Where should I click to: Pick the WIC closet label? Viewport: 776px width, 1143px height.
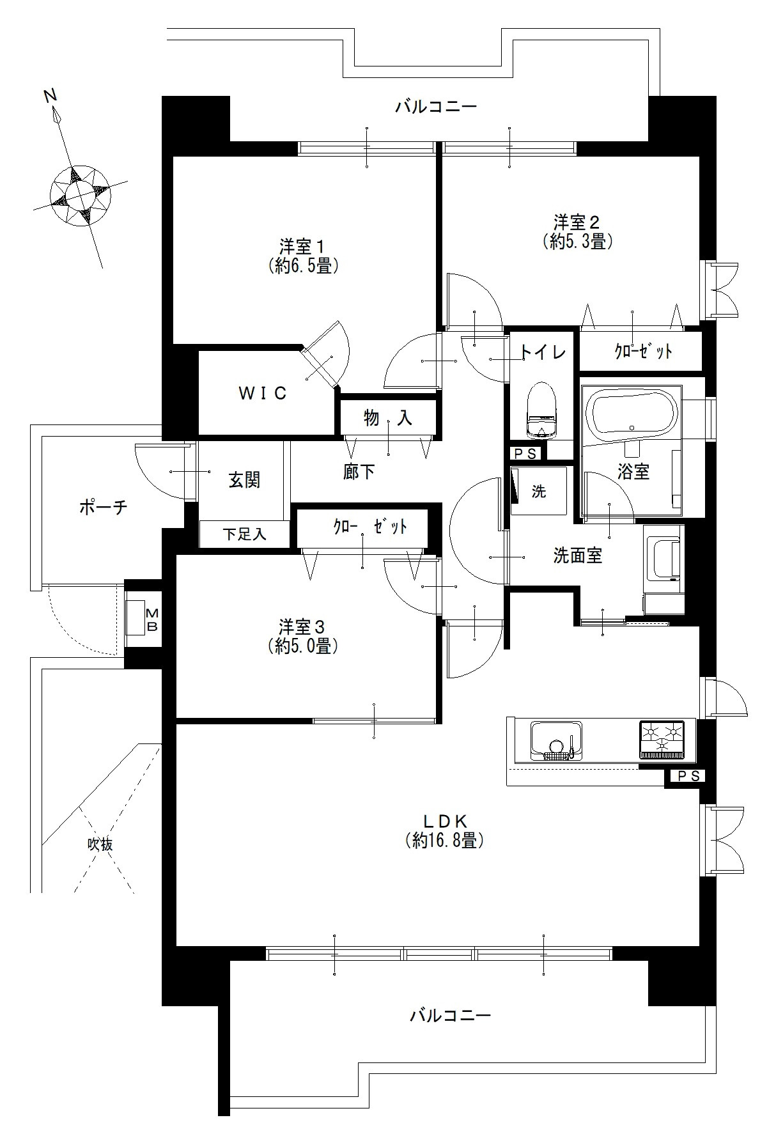coord(263,394)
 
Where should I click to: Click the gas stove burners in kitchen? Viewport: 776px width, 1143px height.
coord(662,738)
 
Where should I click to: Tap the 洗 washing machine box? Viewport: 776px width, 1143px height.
coord(539,491)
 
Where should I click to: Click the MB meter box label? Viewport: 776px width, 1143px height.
coord(152,618)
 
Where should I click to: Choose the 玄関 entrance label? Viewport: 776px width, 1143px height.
coord(244,480)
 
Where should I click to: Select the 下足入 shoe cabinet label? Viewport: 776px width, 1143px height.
coord(245,534)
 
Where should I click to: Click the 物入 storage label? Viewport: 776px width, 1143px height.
coord(388,419)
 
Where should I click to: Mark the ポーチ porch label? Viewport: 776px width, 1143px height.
coord(104,508)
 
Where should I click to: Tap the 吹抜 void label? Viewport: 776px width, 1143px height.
coord(100,844)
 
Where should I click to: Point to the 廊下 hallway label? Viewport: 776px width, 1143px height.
coord(359,472)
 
